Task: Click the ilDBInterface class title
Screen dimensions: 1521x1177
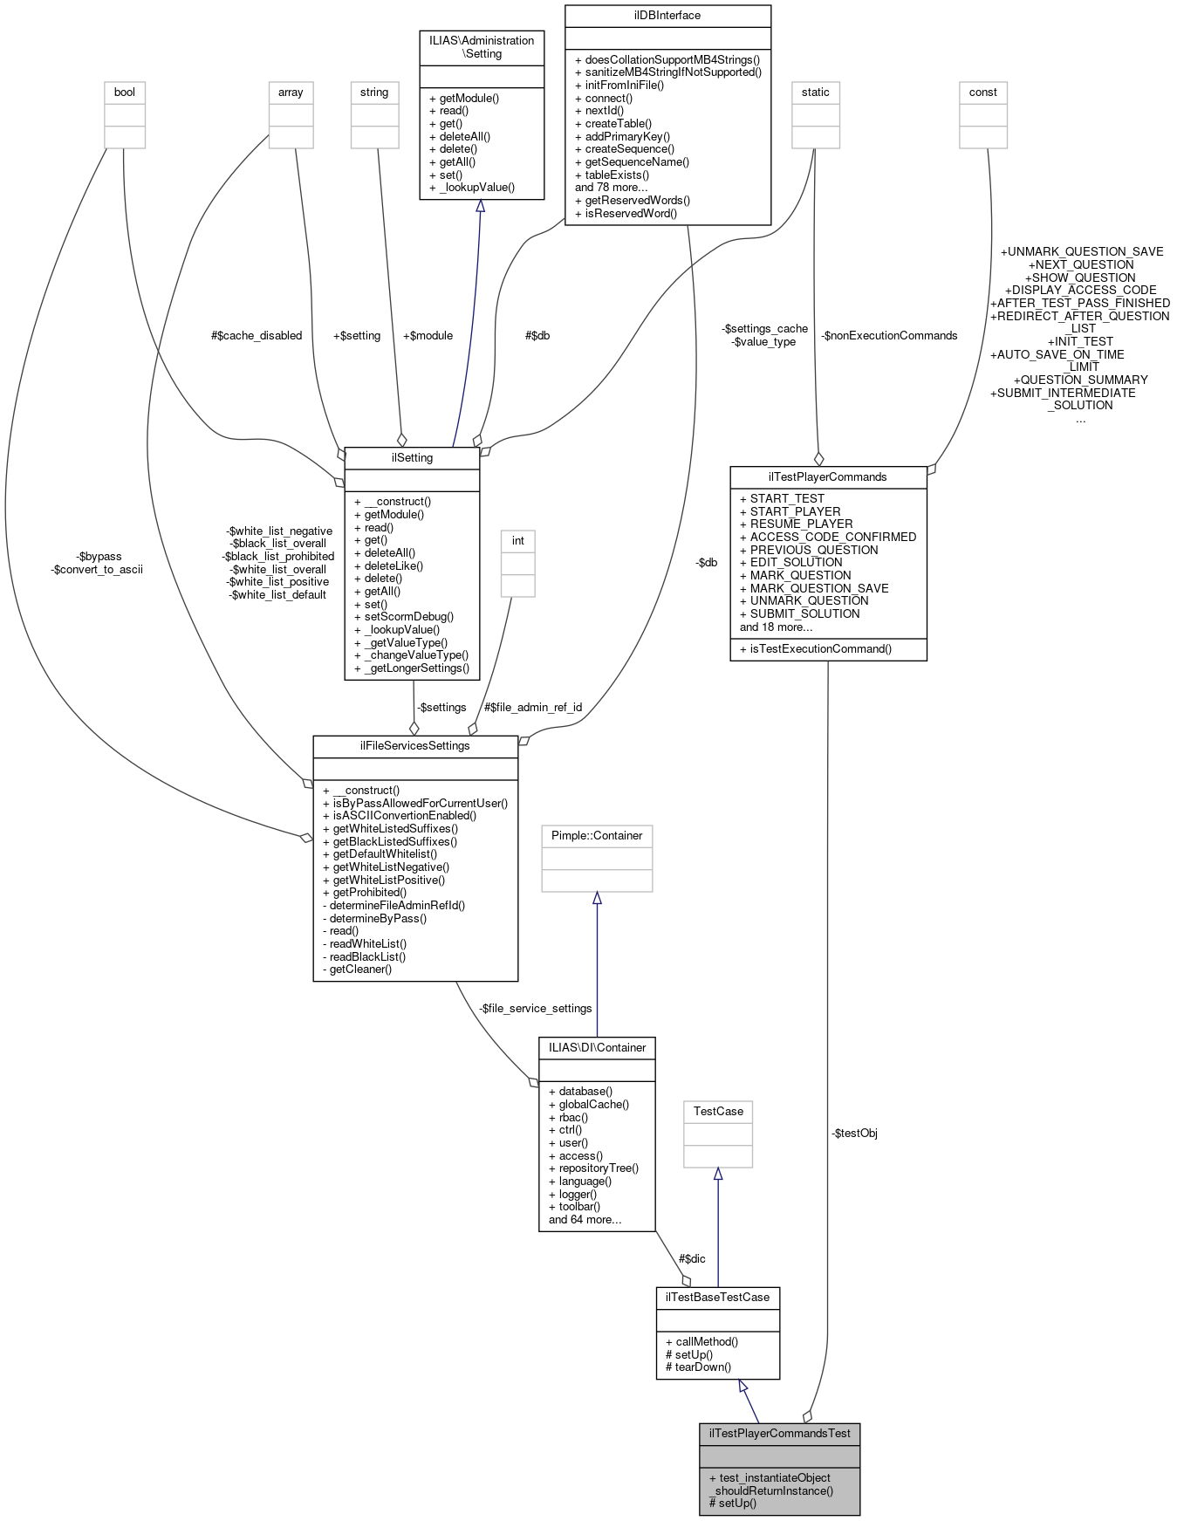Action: [667, 16]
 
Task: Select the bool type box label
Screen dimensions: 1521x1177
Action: [125, 92]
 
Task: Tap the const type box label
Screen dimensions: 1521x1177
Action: [982, 92]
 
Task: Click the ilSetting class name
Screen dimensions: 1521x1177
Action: [412, 458]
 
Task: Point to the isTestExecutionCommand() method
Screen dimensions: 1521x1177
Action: [820, 649]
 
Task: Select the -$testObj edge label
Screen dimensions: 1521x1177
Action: [854, 1134]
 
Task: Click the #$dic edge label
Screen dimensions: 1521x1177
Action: [692, 1258]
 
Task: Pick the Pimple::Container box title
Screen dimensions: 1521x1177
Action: [597, 836]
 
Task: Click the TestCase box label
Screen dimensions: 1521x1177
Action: [718, 1112]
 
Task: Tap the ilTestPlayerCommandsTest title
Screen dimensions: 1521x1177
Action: [779, 1433]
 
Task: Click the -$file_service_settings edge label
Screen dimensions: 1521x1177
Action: [535, 1009]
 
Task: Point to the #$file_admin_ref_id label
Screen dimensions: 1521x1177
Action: [533, 708]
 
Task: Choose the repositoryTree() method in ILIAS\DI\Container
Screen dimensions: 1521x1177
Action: [598, 1168]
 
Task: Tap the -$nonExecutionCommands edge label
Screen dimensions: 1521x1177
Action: [889, 336]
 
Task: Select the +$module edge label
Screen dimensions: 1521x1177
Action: [428, 336]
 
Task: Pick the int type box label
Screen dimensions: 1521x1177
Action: [517, 541]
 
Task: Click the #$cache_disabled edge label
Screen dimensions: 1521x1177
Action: [257, 336]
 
